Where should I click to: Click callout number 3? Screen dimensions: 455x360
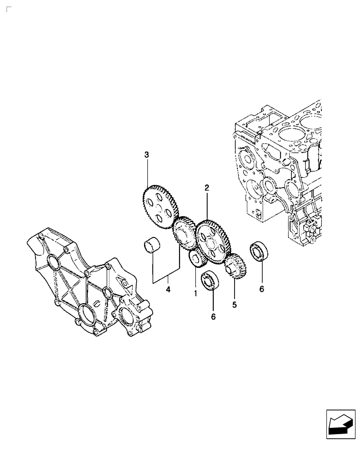(x=146, y=156)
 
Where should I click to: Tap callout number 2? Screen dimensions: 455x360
(x=206, y=187)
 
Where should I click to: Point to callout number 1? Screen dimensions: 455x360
(x=195, y=294)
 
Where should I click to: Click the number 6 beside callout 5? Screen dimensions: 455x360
(x=261, y=288)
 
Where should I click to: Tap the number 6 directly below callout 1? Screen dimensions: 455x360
(x=213, y=316)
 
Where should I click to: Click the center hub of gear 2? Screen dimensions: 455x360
(x=212, y=242)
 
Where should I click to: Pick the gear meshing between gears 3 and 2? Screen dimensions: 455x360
(x=185, y=234)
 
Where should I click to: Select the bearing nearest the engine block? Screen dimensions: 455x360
(x=260, y=253)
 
